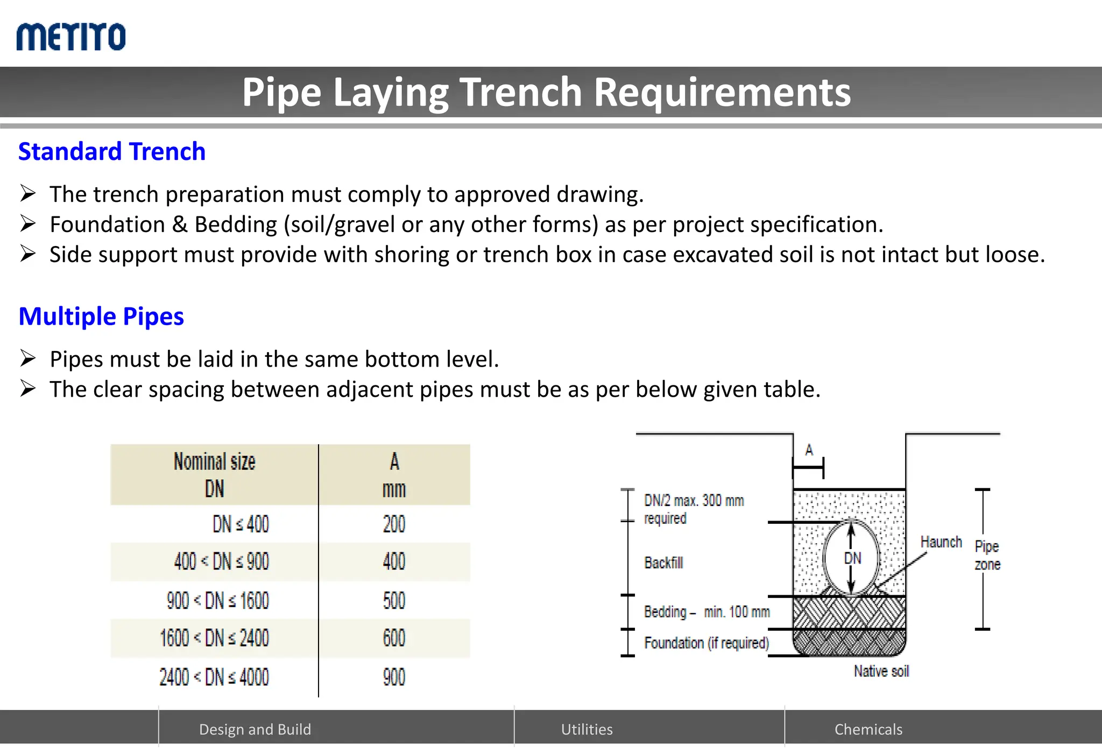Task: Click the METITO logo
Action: pyautogui.click(x=71, y=37)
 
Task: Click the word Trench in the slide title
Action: pyautogui.click(x=520, y=92)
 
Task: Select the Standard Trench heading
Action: pyautogui.click(x=112, y=151)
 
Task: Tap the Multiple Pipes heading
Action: pyautogui.click(x=101, y=316)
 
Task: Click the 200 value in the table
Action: pyautogui.click(x=394, y=524)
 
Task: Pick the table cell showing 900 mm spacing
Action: pyautogui.click(x=394, y=677)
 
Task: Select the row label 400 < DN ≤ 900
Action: pyautogui.click(x=221, y=561)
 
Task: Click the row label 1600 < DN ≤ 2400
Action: pyautogui.click(x=214, y=638)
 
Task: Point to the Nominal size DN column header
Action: pyautogui.click(x=214, y=475)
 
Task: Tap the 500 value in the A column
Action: pyautogui.click(x=394, y=600)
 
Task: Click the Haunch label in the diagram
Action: pyautogui.click(x=941, y=542)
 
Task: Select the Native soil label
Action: pyautogui.click(x=881, y=671)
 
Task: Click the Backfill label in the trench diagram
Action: pyautogui.click(x=663, y=563)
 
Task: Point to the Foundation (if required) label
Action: pyautogui.click(x=706, y=643)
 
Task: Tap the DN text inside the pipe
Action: pyautogui.click(x=852, y=558)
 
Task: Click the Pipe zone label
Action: pyautogui.click(x=987, y=555)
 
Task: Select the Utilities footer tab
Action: pyautogui.click(x=587, y=729)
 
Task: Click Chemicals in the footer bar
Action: pyautogui.click(x=868, y=729)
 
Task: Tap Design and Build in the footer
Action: pyautogui.click(x=255, y=729)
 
